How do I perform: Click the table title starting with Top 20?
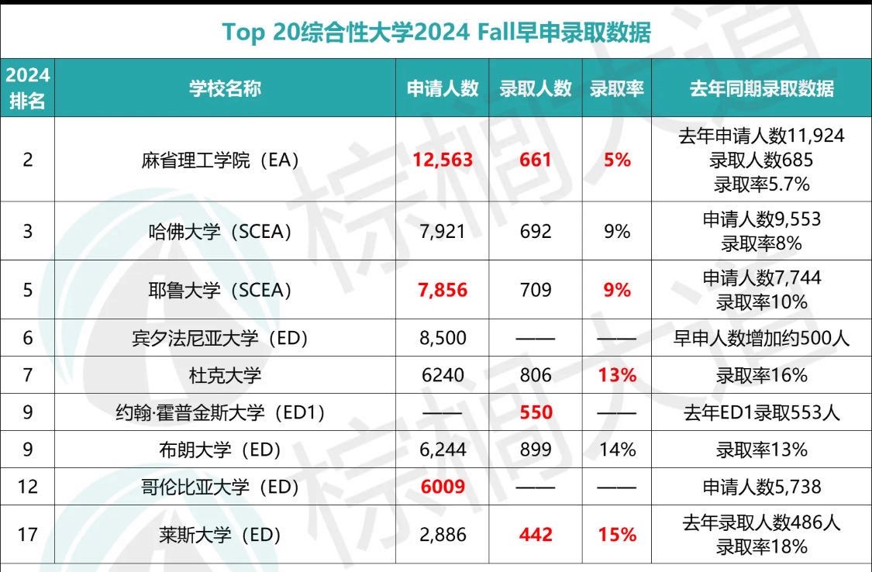[436, 33]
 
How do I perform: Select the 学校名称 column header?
[225, 88]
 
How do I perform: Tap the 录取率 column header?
[617, 88]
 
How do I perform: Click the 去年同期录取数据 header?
[761, 88]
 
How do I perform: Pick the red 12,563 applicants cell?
[443, 160]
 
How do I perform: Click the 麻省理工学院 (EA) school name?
[220, 160]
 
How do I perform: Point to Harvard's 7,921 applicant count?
[443, 231]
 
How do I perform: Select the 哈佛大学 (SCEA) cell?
[220, 231]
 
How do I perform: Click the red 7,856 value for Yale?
[443, 290]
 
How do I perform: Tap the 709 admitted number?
[536, 290]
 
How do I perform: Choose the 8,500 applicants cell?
[443, 338]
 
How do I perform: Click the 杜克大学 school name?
[225, 376]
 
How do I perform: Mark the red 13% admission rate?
[617, 376]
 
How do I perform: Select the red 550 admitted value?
[536, 412]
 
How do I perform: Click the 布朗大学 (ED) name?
[225, 450]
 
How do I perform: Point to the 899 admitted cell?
[536, 450]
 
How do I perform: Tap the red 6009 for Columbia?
[443, 487]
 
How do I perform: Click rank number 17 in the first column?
[27, 535]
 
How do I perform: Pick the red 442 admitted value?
[536, 535]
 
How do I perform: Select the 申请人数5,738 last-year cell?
[761, 487]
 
